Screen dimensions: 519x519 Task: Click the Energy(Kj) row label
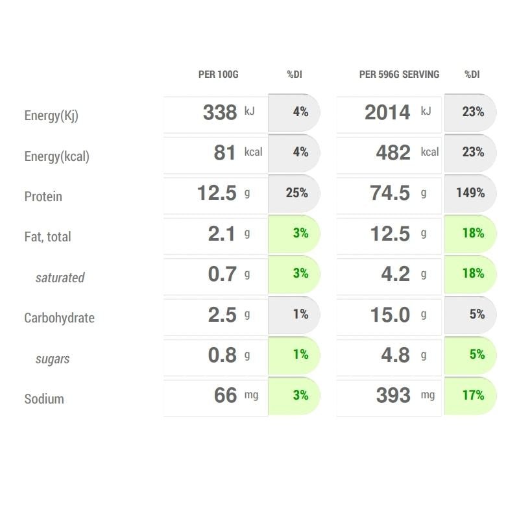click(x=51, y=116)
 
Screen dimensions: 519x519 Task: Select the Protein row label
click(x=43, y=197)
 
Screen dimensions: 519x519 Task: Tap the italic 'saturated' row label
click(x=60, y=278)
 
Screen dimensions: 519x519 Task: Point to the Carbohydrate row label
click(x=59, y=318)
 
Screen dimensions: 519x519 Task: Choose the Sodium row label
click(x=44, y=399)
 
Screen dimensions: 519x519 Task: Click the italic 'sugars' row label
click(x=53, y=359)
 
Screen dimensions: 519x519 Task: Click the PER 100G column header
click(x=218, y=75)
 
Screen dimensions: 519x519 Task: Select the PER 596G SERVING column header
click(x=399, y=75)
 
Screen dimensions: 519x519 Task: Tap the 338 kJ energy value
click(x=221, y=112)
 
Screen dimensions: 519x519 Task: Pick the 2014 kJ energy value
click(x=388, y=112)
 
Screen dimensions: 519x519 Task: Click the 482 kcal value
click(x=394, y=152)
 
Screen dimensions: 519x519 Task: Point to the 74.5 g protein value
click(x=391, y=193)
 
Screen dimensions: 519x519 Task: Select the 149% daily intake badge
click(x=470, y=193)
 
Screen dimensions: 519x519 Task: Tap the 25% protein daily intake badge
click(x=296, y=193)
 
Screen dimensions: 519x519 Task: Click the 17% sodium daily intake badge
click(x=473, y=394)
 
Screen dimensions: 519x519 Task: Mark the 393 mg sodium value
click(x=394, y=395)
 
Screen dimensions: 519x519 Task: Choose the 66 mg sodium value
click(x=226, y=395)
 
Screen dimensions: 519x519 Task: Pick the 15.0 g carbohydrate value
click(x=391, y=315)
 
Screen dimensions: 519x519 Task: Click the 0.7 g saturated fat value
click(x=223, y=274)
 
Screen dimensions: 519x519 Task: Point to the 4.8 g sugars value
click(x=396, y=355)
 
